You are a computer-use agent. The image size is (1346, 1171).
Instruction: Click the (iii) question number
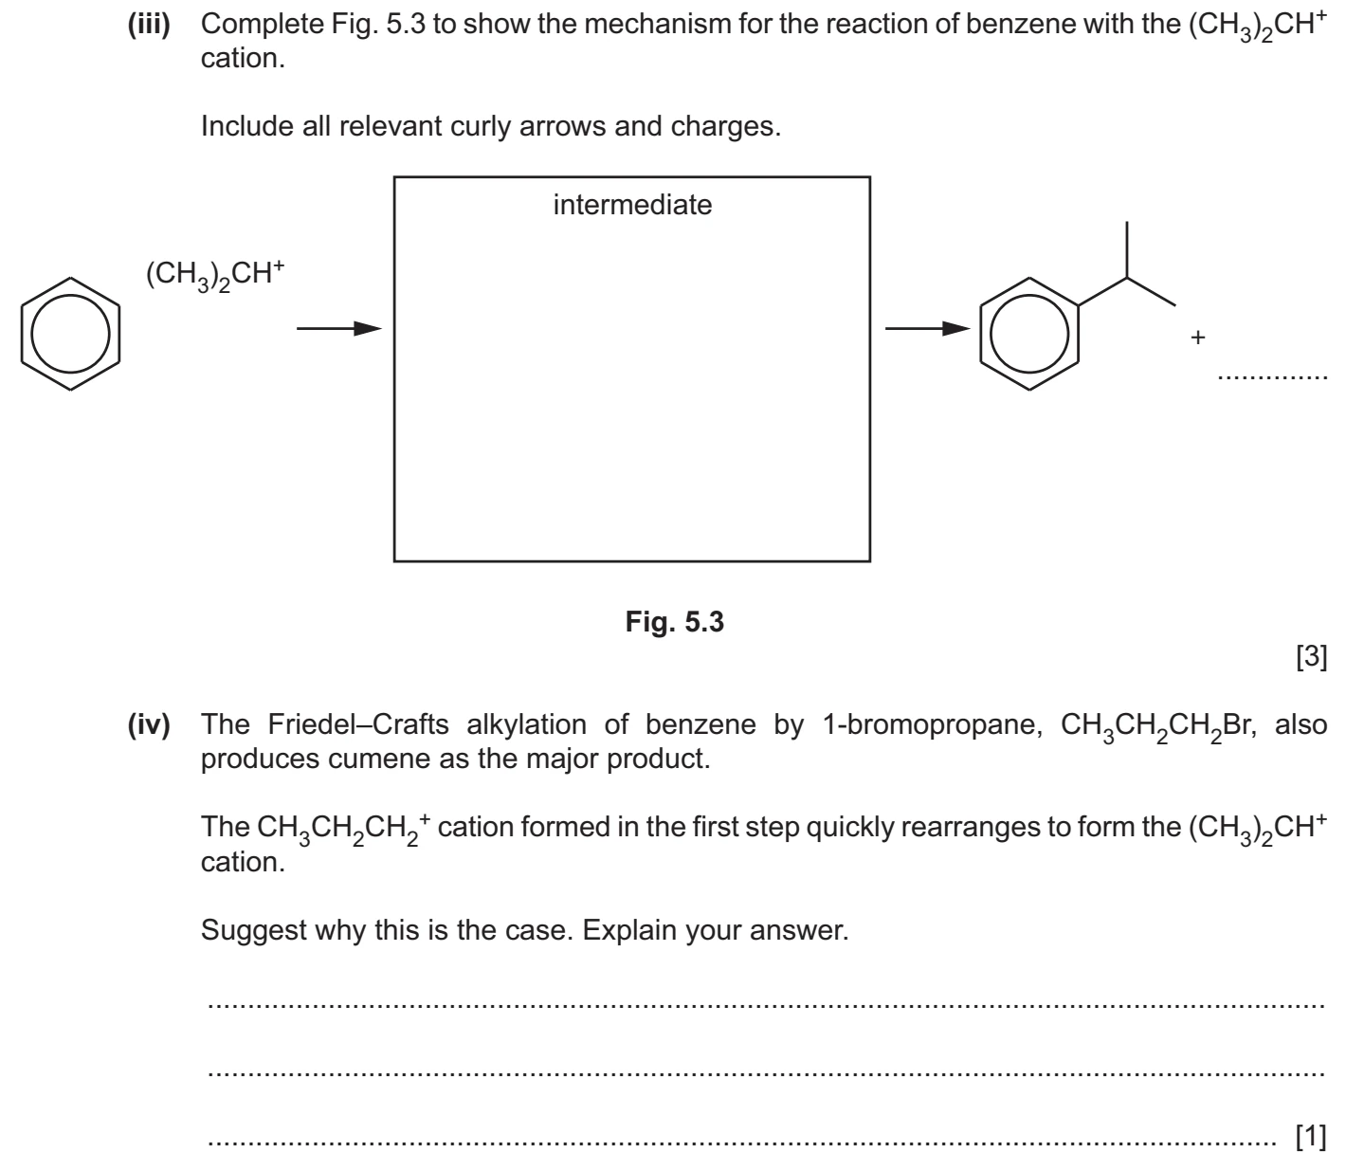pos(149,25)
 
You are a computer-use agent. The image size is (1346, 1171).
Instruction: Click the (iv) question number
pos(149,725)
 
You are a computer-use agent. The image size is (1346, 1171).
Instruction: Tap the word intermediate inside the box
pos(632,205)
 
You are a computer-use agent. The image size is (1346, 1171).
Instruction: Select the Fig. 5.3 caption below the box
pos(674,622)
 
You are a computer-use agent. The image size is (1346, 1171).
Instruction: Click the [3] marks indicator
pos(1311,656)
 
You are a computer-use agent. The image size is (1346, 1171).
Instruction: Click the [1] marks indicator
pos(1311,1136)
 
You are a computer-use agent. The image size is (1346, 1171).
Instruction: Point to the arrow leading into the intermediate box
pos(338,328)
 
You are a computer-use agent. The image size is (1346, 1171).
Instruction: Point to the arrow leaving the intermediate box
pos(928,328)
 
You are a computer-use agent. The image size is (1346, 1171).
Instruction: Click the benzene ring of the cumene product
pos(980,334)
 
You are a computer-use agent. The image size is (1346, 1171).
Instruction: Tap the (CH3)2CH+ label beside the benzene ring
pos(215,274)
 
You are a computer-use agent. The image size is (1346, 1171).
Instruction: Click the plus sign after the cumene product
pos(1198,338)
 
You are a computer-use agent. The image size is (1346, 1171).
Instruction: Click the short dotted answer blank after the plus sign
pos(1273,378)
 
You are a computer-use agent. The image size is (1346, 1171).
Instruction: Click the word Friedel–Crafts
pos(358,725)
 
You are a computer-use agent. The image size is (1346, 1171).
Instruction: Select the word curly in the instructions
pos(481,127)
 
